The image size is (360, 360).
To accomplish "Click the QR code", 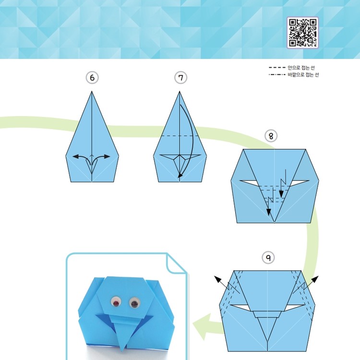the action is [x=302, y=33].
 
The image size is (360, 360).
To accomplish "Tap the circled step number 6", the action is [x=92, y=78].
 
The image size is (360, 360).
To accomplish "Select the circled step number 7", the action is [x=180, y=78].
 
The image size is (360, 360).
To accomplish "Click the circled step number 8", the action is [x=271, y=136].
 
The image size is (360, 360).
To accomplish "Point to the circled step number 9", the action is [x=268, y=258].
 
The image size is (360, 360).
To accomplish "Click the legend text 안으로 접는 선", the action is [x=301, y=68].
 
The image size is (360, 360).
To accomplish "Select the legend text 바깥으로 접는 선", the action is [x=303, y=74].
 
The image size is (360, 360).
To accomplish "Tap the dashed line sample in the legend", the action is [x=277, y=68].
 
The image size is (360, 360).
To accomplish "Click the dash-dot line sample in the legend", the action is [x=277, y=74].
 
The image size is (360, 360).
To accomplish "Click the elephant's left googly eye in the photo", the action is [x=116, y=302].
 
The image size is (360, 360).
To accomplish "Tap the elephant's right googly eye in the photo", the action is [x=134, y=303].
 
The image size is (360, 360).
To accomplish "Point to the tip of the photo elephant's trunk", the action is [x=123, y=350].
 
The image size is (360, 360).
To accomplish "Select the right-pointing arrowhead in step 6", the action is [x=107, y=156].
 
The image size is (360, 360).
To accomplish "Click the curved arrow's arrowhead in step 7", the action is [x=180, y=175].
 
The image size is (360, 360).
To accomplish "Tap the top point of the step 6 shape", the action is [x=92, y=91].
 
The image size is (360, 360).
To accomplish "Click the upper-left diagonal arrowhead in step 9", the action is [x=217, y=279].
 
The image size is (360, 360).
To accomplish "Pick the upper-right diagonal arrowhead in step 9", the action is [x=315, y=279].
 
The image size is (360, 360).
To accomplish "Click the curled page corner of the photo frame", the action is [x=176, y=264].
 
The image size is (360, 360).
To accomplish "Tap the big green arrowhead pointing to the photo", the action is [x=202, y=326].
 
